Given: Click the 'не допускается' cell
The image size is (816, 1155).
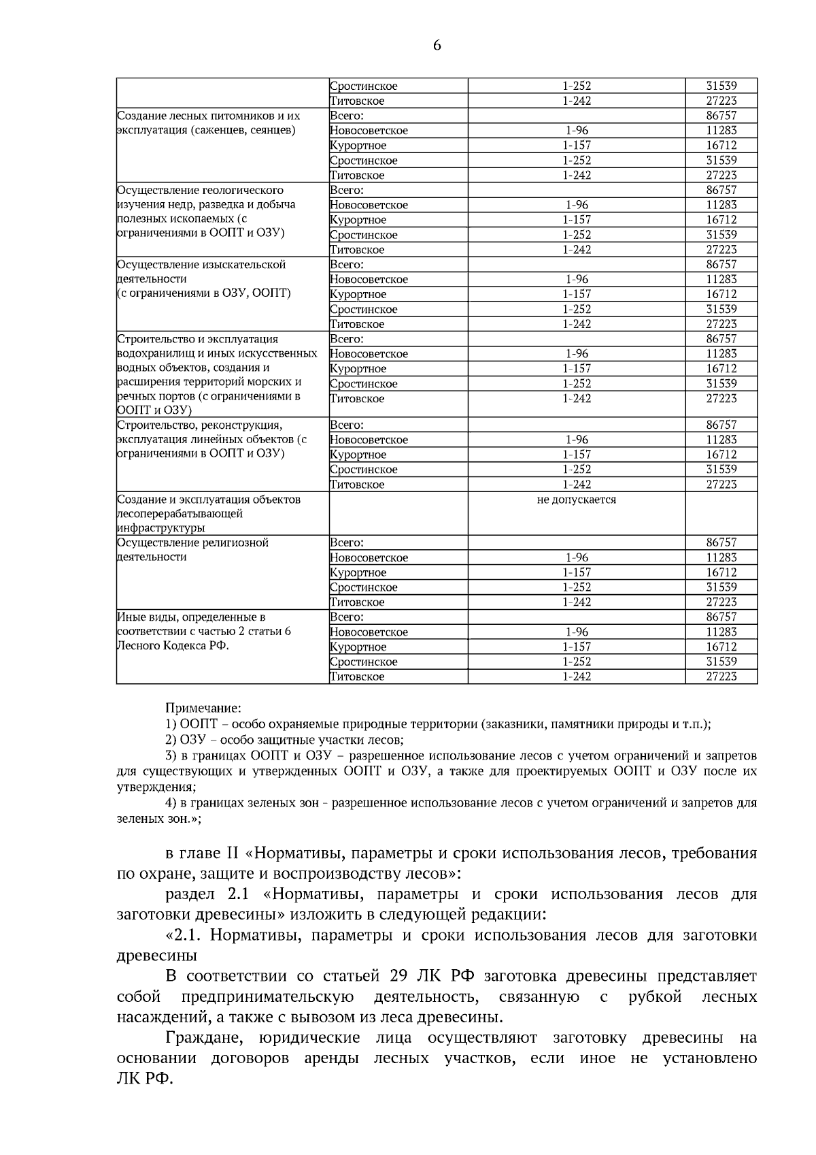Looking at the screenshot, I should [x=576, y=500].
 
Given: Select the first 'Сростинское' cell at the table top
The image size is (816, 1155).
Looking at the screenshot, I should [x=364, y=86].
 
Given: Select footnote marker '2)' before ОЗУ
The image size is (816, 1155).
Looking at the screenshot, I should [x=172, y=740].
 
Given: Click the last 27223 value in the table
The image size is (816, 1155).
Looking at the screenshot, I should [x=721, y=677].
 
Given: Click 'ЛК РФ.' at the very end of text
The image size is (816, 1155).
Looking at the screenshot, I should [x=145, y=1079].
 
